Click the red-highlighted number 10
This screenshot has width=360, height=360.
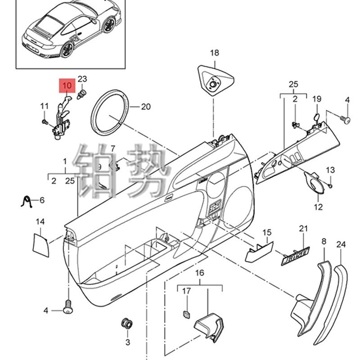67,85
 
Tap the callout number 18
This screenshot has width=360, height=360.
214,53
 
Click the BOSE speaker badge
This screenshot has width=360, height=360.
296,254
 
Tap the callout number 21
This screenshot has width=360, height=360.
302,229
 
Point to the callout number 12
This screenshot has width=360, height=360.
318,207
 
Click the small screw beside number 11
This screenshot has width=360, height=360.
45,121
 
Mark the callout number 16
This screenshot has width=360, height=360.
199,273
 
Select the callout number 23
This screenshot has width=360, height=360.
82,79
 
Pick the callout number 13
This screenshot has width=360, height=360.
331,170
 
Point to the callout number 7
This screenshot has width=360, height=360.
113,148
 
